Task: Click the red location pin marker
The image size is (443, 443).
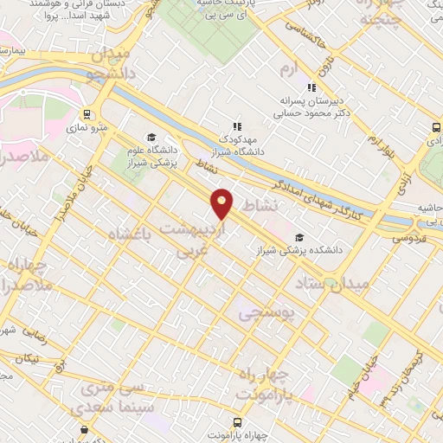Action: click(222, 203)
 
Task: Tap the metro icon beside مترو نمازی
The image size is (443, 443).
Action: click(87, 114)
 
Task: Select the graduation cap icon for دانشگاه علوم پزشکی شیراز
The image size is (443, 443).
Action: click(152, 138)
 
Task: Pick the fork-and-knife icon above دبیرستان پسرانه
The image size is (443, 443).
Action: click(311, 87)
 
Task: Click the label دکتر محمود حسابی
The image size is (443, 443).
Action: click(310, 112)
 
